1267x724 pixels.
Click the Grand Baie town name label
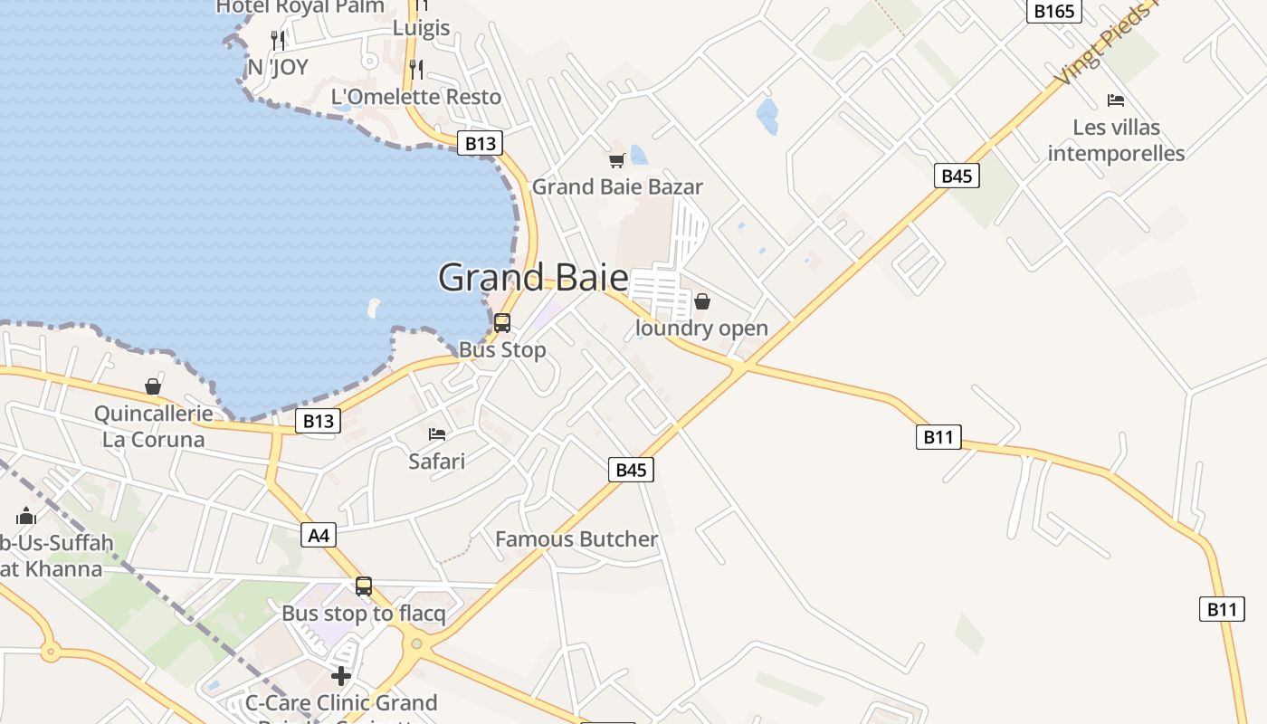(x=533, y=277)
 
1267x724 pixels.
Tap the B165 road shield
(x=1054, y=11)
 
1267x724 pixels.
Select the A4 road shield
(x=319, y=536)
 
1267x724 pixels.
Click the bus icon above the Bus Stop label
(x=502, y=322)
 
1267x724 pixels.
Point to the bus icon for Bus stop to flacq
(x=364, y=586)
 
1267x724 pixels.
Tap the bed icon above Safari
(x=437, y=434)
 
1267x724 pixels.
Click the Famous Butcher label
(x=576, y=539)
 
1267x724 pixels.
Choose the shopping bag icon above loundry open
(x=702, y=301)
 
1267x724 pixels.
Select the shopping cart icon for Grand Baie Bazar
(x=617, y=161)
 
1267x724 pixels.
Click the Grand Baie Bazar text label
(x=617, y=187)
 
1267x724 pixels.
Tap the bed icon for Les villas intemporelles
(x=1116, y=100)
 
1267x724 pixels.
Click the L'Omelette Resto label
(x=416, y=97)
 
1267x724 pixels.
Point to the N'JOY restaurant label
(x=278, y=67)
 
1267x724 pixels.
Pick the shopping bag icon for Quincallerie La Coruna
(x=153, y=387)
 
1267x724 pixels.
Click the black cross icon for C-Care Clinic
(x=341, y=676)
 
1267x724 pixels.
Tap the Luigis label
(x=422, y=28)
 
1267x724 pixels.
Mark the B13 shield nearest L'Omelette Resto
(x=479, y=143)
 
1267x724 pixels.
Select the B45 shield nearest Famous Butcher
(x=631, y=470)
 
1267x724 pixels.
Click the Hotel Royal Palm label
(x=300, y=7)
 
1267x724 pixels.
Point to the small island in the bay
(x=374, y=308)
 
